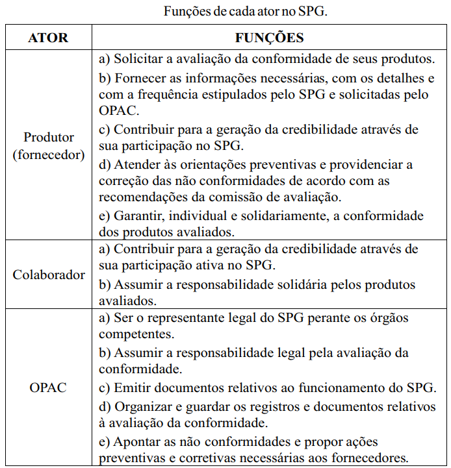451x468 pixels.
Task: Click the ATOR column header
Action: [x=48, y=38]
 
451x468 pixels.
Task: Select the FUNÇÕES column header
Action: [x=269, y=38]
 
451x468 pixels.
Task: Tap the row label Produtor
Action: [x=49, y=138]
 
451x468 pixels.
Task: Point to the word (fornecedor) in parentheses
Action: [x=49, y=155]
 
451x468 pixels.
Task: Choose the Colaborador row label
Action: [x=49, y=275]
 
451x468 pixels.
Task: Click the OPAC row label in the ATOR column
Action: [x=48, y=388]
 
